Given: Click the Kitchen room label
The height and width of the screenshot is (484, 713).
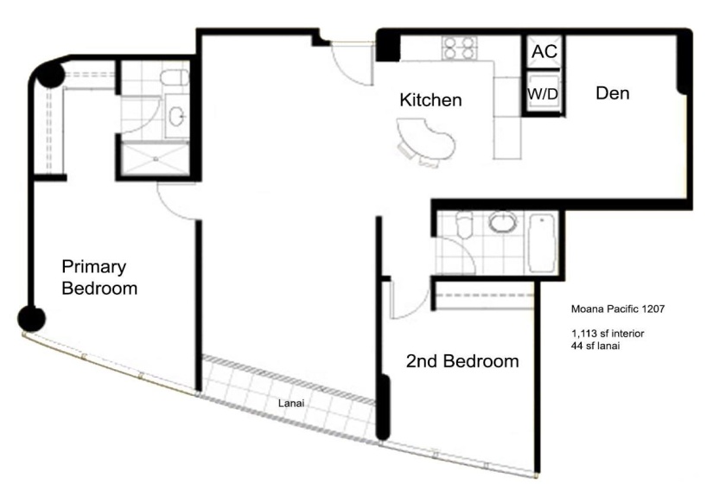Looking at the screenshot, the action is point(430,100).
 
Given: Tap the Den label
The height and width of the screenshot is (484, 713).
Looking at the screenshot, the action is point(613,93).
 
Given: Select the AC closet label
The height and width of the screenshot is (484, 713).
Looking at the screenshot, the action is point(544,51).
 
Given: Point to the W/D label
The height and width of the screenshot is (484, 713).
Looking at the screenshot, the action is point(543,94).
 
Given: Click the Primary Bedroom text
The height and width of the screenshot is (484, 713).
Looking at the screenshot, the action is point(99,277).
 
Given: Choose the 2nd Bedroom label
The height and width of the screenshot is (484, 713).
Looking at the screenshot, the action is point(462,361).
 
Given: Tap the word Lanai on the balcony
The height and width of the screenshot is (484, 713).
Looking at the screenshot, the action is point(291,403).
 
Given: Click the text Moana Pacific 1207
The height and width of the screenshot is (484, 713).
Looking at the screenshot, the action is point(618,309).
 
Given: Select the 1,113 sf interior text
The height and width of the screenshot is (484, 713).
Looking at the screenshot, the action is point(608,334).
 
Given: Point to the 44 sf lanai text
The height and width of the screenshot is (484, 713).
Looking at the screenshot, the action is point(595,346).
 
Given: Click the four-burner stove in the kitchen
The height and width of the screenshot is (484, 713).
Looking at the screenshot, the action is point(459,48).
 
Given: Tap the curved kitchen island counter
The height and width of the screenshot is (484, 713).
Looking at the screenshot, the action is point(426,138).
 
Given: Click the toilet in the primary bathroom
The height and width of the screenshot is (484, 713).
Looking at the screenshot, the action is point(175,77).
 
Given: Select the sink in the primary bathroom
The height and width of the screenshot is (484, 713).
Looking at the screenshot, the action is point(177,117).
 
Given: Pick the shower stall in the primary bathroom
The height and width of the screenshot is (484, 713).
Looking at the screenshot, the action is point(155,158).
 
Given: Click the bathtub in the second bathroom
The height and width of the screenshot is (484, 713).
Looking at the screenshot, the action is point(542,244).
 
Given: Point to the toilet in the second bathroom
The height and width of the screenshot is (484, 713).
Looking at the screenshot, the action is point(464,225).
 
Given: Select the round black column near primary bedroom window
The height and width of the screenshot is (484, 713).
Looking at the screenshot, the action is point(31,318).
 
